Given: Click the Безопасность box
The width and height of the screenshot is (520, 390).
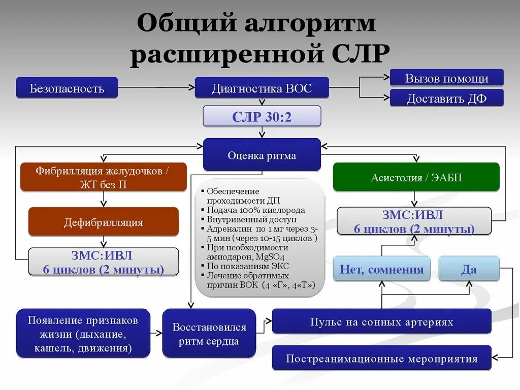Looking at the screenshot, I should click(x=67, y=88).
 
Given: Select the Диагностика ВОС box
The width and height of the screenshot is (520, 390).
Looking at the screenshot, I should click(x=262, y=88).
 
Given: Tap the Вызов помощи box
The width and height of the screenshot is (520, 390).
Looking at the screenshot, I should click(x=446, y=78).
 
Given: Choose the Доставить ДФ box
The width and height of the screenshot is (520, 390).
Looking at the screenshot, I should click(x=446, y=98).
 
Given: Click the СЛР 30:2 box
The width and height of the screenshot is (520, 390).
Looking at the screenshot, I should click(x=262, y=116).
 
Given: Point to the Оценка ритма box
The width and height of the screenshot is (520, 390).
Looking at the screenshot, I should click(x=262, y=155).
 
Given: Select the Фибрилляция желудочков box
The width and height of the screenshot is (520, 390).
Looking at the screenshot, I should click(x=103, y=177).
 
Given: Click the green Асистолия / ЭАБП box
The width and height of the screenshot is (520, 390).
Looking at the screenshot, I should click(x=416, y=177).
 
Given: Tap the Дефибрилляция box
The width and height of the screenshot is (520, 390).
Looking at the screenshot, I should click(x=103, y=222).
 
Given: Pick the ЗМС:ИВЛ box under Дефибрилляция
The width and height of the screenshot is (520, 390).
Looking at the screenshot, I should click(x=103, y=262).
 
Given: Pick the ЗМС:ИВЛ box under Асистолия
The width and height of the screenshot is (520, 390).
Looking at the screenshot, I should click(x=414, y=221).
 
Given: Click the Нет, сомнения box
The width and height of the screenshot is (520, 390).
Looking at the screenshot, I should click(x=381, y=269).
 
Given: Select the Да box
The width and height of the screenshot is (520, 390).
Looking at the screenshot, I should click(x=468, y=269).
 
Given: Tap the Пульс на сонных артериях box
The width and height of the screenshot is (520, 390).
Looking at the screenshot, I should click(x=381, y=321).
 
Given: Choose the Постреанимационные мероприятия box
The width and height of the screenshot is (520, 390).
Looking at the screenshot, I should click(x=381, y=358).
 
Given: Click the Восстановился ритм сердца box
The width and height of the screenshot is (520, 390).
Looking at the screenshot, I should click(x=209, y=334).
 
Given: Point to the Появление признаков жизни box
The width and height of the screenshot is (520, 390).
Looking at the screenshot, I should click(x=83, y=334).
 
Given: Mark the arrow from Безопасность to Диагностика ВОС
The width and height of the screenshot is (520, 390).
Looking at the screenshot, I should click(x=156, y=87).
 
